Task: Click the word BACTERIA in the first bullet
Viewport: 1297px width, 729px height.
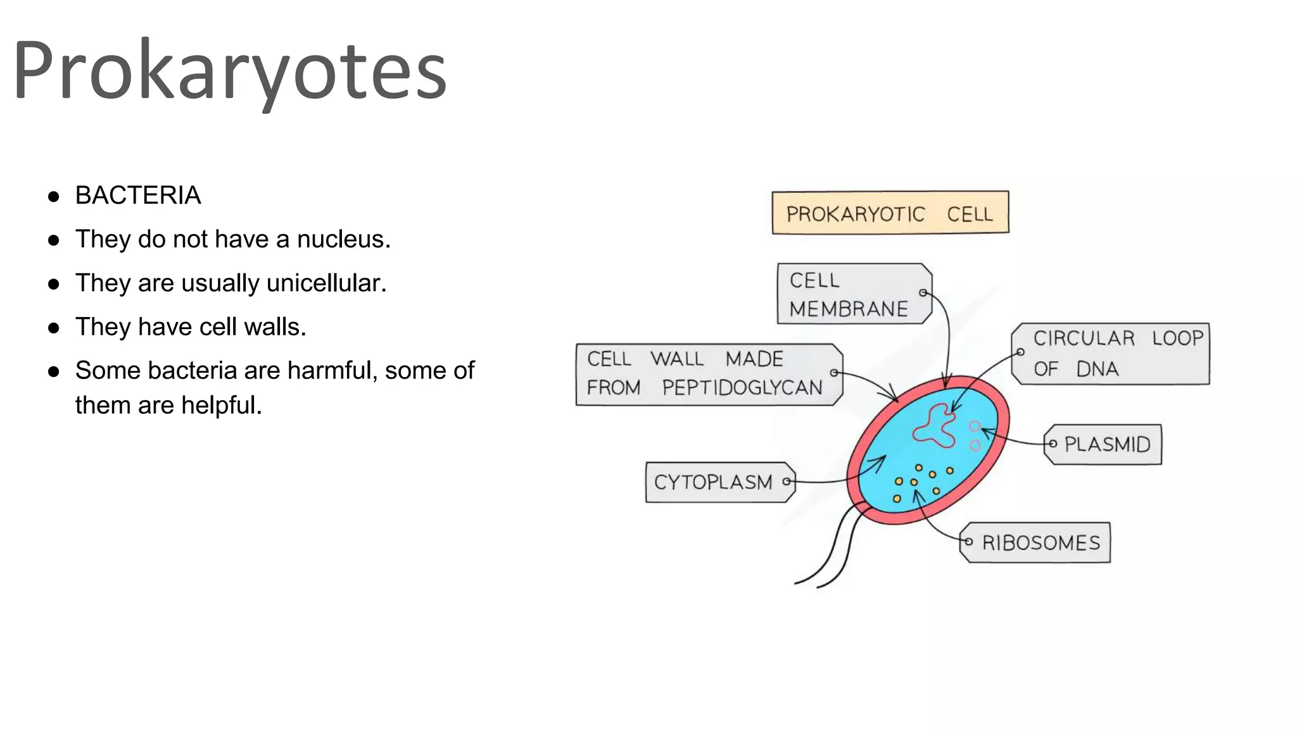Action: click(x=137, y=196)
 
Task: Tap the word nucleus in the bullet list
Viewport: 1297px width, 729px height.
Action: click(x=343, y=239)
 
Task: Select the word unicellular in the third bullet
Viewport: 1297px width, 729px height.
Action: click(x=326, y=283)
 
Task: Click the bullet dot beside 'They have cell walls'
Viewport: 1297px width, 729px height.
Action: click(x=54, y=328)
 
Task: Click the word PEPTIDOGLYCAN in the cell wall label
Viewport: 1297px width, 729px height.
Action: click(x=742, y=387)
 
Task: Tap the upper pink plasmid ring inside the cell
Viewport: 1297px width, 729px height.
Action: click(x=975, y=427)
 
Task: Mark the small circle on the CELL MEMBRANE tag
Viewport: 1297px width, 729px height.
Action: click(x=923, y=292)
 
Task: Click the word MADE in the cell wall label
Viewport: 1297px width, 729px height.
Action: click(x=754, y=359)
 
